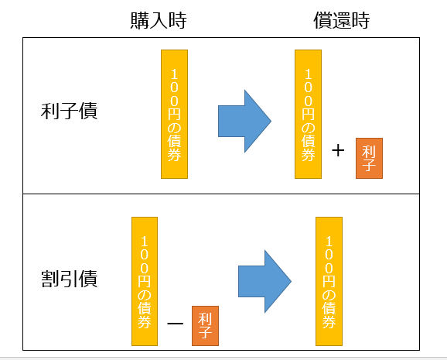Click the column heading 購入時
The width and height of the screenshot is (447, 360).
pos(159,21)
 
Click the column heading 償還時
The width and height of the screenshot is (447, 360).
pos(342,21)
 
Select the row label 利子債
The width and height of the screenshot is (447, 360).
pos(69,111)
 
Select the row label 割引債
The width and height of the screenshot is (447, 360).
pos(69,279)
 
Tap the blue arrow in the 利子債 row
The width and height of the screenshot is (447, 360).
pos(244,121)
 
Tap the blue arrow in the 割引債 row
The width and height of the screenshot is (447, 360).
pos(264,282)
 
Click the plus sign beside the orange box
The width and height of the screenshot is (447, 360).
pos(338,150)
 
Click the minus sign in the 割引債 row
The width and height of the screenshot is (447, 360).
pos(175,323)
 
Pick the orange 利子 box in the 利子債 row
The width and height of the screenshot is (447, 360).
pos(369,158)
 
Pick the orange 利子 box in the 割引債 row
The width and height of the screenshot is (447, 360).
pos(205,326)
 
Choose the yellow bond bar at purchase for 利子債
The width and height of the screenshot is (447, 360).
pos(174,115)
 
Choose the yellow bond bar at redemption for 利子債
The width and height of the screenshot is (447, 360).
pos(308,115)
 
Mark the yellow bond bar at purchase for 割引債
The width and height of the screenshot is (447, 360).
pos(145,281)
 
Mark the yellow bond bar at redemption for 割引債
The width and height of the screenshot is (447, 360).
pos(329,281)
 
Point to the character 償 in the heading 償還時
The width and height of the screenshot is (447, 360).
pos(322,21)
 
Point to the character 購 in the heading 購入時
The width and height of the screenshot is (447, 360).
pos(140,21)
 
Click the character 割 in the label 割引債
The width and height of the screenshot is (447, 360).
pos(50,279)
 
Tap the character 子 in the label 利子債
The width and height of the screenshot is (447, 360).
pos(69,111)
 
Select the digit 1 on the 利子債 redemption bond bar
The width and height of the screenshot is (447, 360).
pos(308,74)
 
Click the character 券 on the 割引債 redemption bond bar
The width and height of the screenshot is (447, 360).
pos(329,321)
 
